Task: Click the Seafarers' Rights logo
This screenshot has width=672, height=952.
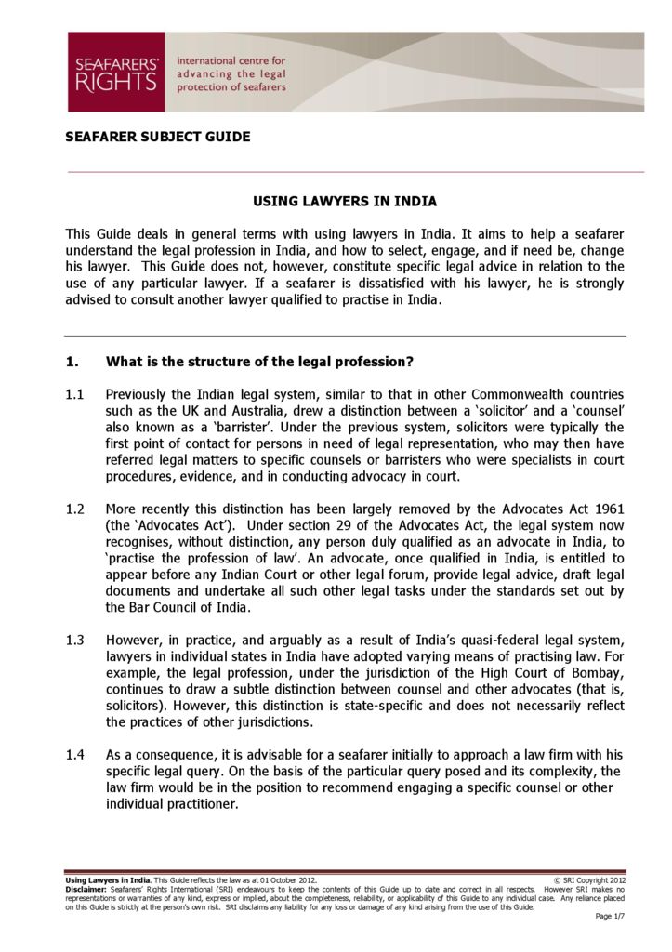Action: click(x=116, y=73)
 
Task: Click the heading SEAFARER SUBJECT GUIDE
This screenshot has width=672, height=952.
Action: click(x=158, y=137)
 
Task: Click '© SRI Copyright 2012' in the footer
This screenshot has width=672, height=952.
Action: click(x=588, y=879)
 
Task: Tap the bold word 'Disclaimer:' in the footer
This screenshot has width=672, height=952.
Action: click(x=86, y=889)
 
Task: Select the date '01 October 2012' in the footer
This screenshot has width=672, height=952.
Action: click(x=279, y=879)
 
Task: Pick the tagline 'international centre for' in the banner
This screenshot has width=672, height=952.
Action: click(x=231, y=60)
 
